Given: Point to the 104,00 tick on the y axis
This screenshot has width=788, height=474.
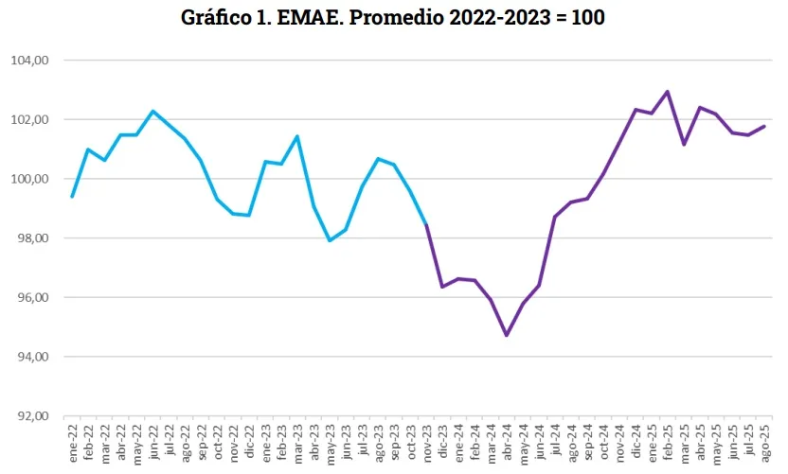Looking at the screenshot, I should [x=30, y=61].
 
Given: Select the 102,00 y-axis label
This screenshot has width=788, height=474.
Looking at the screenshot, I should [x=30, y=120].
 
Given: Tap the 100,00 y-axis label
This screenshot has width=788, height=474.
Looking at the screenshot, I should [x=30, y=179].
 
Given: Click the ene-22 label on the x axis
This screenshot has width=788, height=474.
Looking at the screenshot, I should [x=72, y=441].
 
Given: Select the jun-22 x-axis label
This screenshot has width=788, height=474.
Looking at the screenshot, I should [x=152, y=441].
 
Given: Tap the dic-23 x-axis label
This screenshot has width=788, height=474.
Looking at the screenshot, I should [x=442, y=441].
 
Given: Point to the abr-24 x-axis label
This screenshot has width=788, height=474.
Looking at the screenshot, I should [x=507, y=441].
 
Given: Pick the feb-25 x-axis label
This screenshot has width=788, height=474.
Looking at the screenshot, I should [x=668, y=441].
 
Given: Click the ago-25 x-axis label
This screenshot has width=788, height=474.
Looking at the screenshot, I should [x=764, y=441].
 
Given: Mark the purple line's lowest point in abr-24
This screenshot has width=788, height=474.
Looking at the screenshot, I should [x=507, y=335].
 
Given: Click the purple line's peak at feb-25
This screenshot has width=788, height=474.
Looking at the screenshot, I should [x=668, y=92].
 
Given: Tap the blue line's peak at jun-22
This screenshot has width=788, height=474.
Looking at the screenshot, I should [x=152, y=111].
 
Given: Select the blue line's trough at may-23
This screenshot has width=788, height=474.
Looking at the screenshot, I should [x=330, y=240].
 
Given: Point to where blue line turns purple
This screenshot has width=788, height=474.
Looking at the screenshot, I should [x=426, y=224].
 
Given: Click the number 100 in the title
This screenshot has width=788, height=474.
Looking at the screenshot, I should [x=586, y=18].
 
